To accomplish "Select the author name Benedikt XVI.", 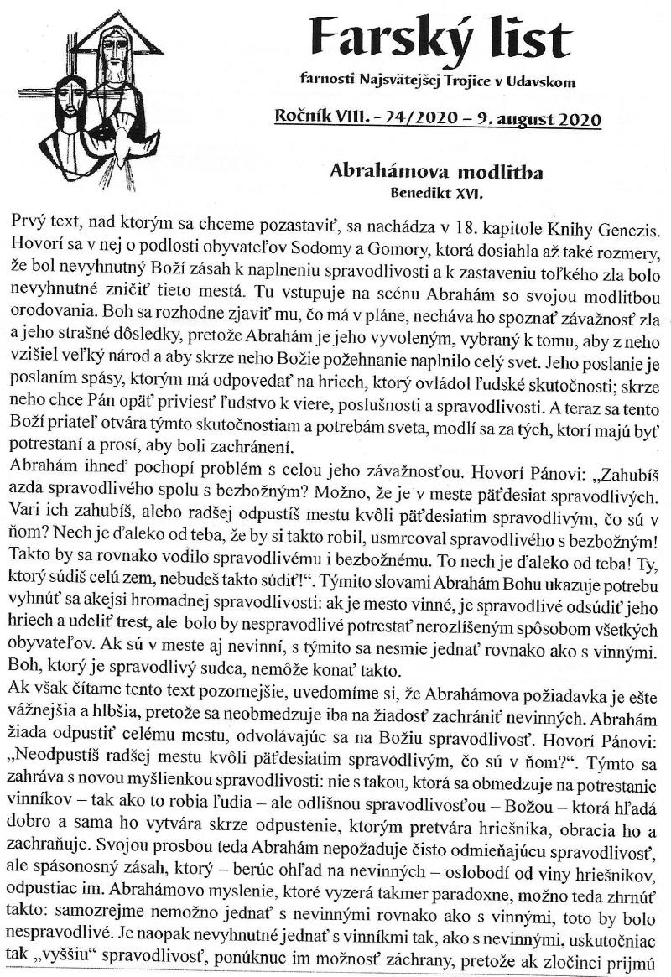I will [437, 191].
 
